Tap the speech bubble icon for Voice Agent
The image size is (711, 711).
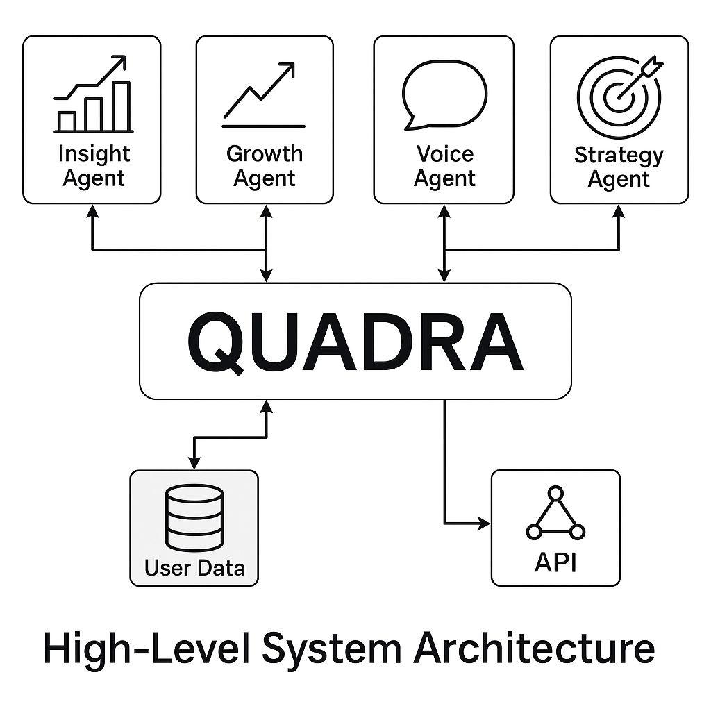coord(444,95)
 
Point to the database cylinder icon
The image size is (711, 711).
coord(194,518)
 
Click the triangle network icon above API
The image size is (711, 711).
coord(555,515)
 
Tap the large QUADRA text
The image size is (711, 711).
coord(355,342)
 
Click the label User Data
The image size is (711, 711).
coord(194,567)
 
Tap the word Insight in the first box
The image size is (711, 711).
coord(94,153)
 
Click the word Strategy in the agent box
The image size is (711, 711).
coord(618,154)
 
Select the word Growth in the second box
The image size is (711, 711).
coord(265,153)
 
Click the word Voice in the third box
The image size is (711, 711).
coord(445,153)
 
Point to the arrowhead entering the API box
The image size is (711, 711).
coord(485,524)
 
